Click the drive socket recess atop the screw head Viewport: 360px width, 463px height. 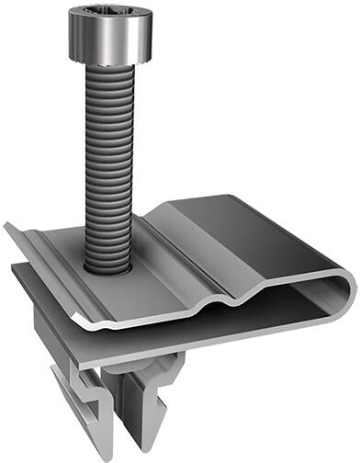coord(107,12)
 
